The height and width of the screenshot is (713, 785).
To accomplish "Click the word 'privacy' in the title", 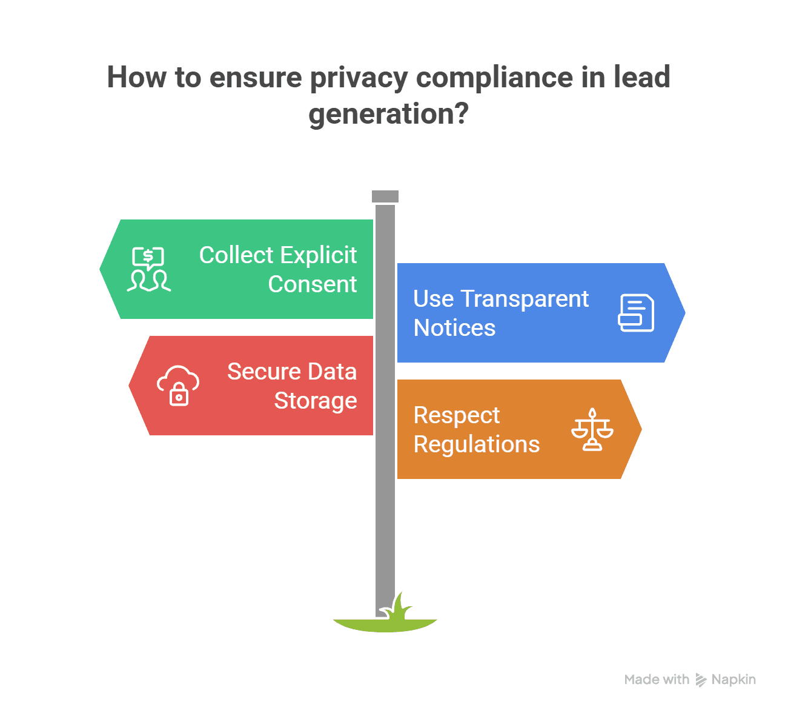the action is (359, 78).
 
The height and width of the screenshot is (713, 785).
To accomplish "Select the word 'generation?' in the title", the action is (388, 114).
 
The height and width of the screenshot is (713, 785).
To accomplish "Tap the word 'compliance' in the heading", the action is (494, 78).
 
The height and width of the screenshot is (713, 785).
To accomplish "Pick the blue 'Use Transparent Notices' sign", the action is (533, 313).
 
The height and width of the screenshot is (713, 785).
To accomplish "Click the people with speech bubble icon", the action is (148, 269).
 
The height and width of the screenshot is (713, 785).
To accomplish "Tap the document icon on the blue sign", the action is (636, 313).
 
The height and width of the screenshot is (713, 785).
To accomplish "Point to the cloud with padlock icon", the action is (178, 386).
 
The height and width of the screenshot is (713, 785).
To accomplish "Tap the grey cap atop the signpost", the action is (385, 196).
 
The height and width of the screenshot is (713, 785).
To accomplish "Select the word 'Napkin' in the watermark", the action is (734, 680).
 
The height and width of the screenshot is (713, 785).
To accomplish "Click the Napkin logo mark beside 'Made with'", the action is (701, 680).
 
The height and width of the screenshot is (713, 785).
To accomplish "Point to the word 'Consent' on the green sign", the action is (313, 284).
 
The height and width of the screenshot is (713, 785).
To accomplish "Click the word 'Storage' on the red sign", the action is (316, 401).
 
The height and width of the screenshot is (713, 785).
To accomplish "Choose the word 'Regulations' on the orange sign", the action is (477, 444).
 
